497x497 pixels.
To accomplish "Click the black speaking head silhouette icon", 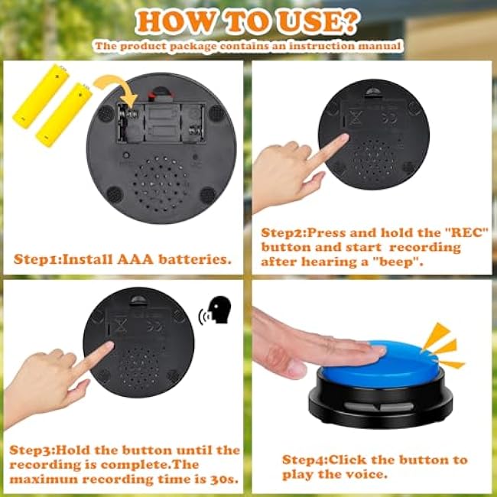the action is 219,310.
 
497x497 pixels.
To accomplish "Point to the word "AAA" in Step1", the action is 135,259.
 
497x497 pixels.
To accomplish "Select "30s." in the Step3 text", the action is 224,479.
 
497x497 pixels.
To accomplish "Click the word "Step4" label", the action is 304,460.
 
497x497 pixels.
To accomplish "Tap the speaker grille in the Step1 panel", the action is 161,184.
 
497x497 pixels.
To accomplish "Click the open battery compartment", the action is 161,122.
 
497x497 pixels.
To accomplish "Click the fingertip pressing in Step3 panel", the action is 109,346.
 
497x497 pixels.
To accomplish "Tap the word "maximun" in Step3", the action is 44,479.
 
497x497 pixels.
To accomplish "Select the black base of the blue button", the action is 380,402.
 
